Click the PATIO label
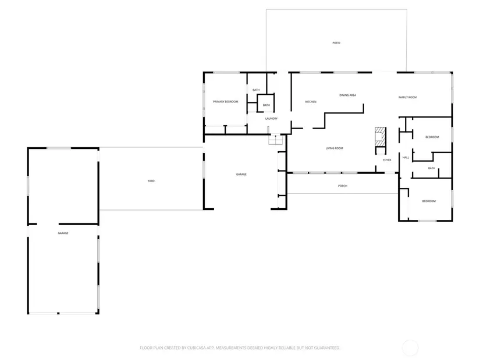(x=336, y=43)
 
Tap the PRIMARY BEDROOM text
(x=225, y=102)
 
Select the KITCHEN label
(x=311, y=102)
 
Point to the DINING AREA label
(x=347, y=95)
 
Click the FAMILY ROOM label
(x=407, y=97)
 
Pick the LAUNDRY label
(x=271, y=119)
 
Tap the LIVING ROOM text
(x=335, y=148)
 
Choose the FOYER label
(x=387, y=160)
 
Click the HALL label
(x=406, y=158)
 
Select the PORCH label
(x=343, y=186)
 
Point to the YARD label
(x=151, y=181)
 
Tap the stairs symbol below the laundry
(x=276, y=140)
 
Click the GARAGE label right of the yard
(x=241, y=174)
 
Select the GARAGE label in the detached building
(x=63, y=233)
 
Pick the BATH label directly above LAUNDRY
(x=266, y=105)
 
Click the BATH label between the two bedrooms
(x=431, y=168)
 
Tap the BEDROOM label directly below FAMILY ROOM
(x=432, y=137)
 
